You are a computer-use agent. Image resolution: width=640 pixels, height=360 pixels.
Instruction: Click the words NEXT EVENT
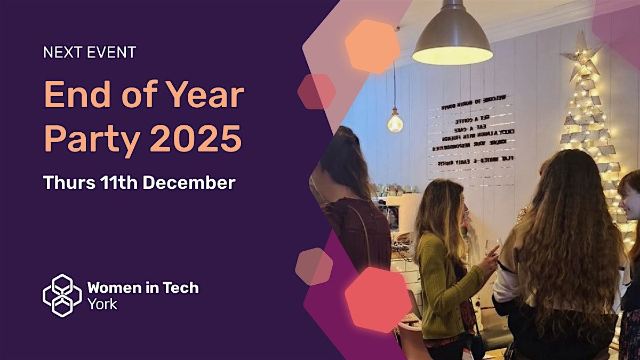[x=90, y=52]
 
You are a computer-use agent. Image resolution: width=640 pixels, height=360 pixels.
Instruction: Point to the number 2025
[x=195, y=139]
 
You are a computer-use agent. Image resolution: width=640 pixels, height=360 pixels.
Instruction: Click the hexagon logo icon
[x=62, y=295]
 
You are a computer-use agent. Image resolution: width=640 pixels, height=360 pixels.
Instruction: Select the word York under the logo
[x=102, y=305]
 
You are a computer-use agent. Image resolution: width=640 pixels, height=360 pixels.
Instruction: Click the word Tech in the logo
[x=178, y=288]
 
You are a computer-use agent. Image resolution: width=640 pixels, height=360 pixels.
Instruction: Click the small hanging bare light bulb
[x=395, y=123]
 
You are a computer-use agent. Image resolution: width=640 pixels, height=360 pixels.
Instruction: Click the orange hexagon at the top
[x=372, y=46]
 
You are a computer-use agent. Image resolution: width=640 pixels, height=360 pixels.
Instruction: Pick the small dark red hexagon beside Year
[x=316, y=92]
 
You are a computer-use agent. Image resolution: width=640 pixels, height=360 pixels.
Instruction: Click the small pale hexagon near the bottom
[x=314, y=266]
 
